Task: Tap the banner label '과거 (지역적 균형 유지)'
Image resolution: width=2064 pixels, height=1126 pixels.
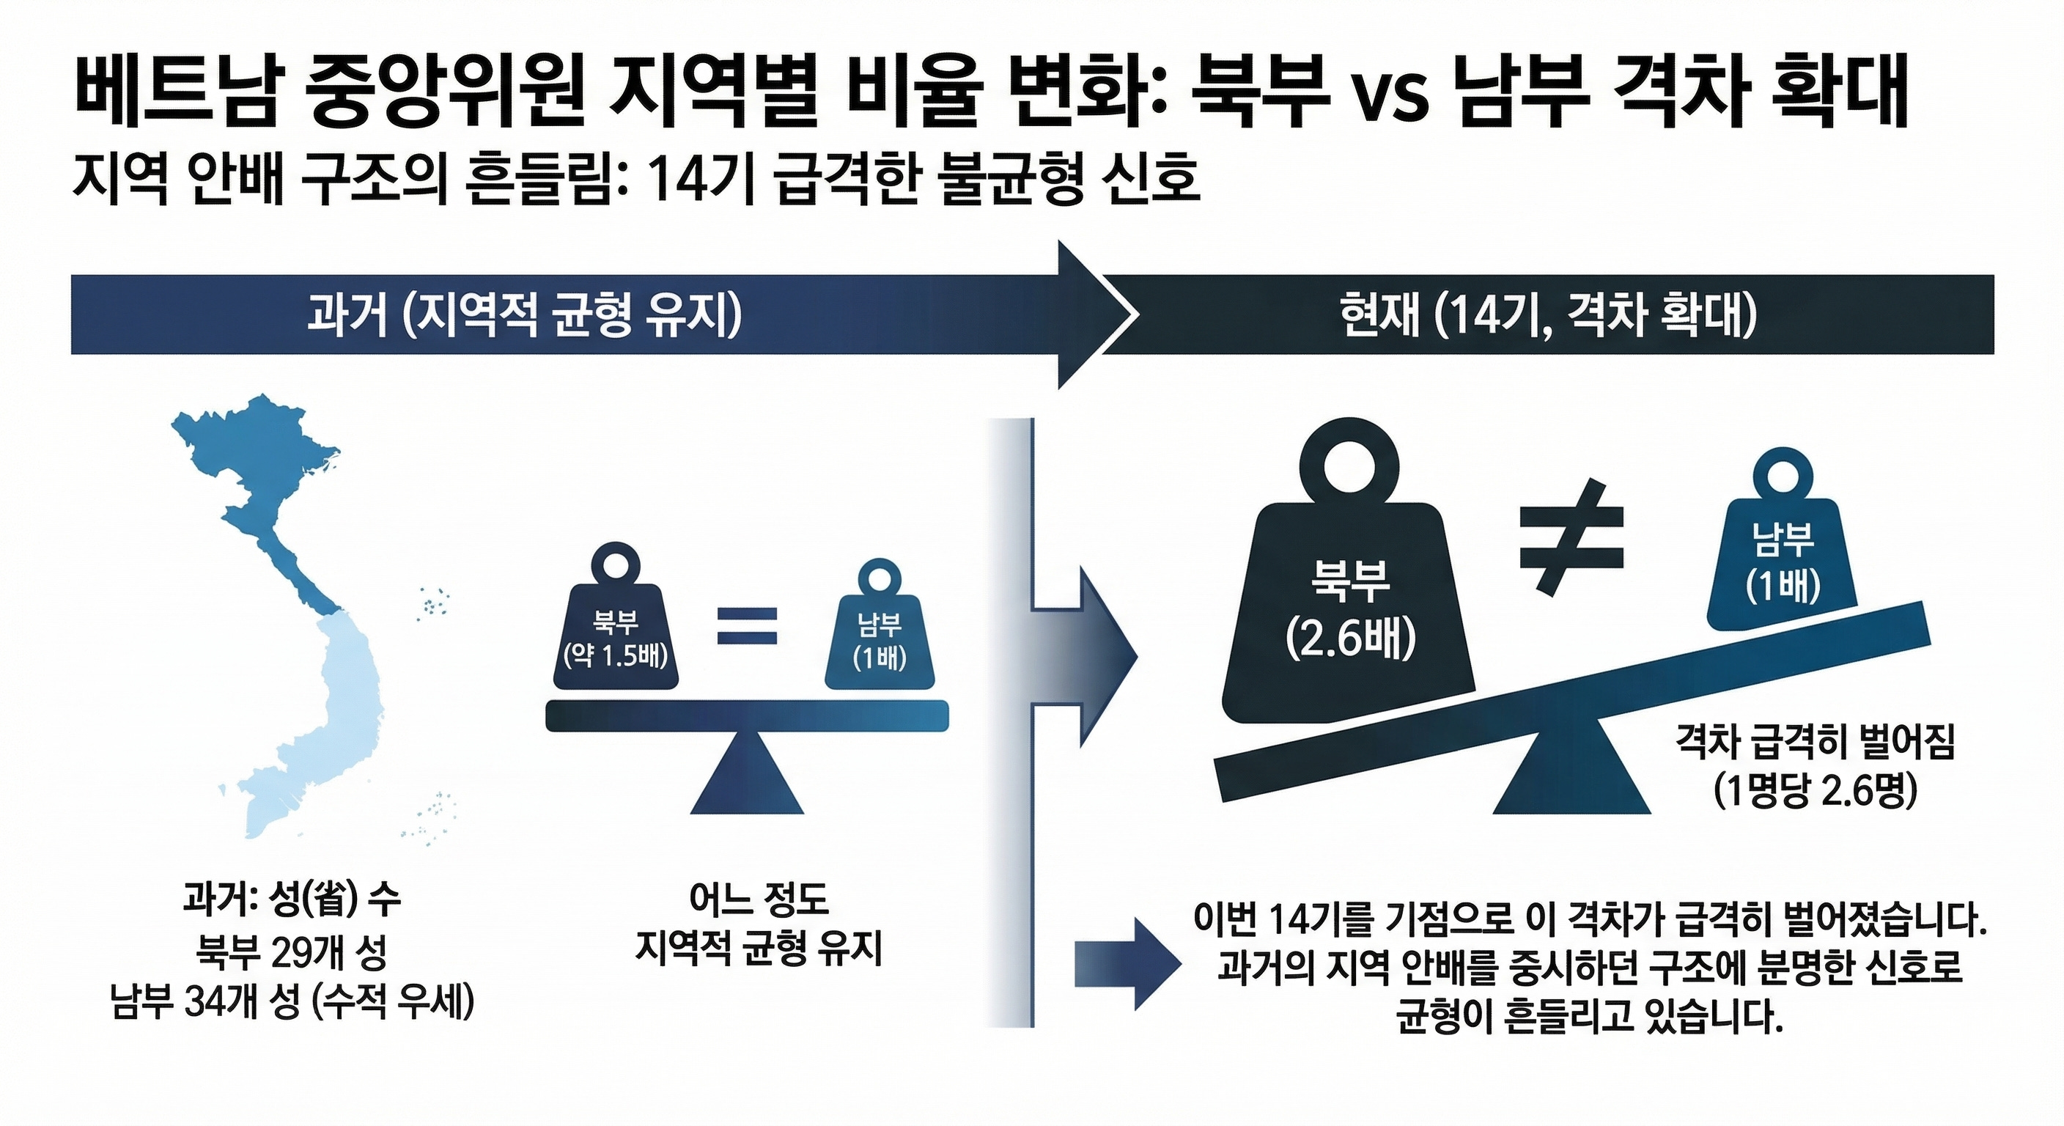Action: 525,316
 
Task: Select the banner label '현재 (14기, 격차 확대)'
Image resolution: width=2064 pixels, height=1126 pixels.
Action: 1547,316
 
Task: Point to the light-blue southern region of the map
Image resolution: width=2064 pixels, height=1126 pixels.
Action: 328,721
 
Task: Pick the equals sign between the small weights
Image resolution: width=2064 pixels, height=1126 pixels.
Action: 747,626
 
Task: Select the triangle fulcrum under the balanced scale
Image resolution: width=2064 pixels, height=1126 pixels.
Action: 747,777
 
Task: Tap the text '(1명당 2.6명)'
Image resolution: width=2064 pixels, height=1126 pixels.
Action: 1816,792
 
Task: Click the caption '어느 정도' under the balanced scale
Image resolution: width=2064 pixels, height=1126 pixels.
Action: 759,900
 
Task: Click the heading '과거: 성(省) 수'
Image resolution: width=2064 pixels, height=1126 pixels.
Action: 292,901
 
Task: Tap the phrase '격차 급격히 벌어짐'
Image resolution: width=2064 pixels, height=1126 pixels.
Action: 1816,743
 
